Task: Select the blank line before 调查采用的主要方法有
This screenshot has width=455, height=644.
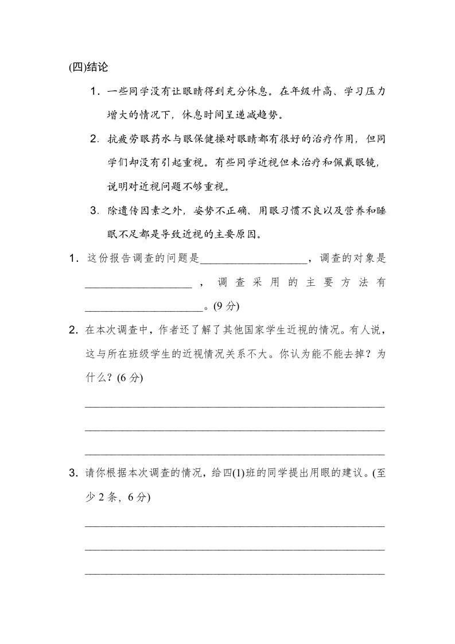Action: pyautogui.click(x=138, y=282)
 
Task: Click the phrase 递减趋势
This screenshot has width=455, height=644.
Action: pyautogui.click(x=257, y=115)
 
